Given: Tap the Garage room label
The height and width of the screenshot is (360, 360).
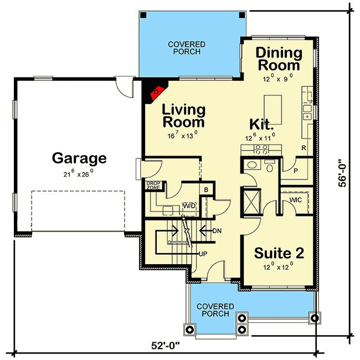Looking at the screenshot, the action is tap(79, 158).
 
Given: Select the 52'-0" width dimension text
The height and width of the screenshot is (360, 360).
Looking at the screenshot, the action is tap(165, 345).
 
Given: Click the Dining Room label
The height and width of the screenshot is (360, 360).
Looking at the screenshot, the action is tap(279, 59).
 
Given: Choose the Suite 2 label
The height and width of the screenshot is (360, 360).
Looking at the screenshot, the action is tap(279, 253).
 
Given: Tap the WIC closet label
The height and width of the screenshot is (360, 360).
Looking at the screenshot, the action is tap(296, 200).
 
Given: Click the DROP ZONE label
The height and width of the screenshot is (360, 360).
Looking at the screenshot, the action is tap(153, 186).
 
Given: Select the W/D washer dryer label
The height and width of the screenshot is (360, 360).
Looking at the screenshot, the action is tap(189, 205).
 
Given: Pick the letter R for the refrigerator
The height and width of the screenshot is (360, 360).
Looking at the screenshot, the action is tap(304, 148).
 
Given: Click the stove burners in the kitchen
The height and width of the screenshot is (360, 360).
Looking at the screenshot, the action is tap(261, 149).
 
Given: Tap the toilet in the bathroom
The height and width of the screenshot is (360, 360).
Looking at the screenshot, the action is tap(270, 166).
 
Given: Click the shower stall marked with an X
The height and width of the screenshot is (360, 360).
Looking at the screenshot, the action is tap(251, 202).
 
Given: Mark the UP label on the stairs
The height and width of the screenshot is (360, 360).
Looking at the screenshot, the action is tap(203, 254).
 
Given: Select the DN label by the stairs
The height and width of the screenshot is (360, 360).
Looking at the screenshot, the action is tap(217, 231).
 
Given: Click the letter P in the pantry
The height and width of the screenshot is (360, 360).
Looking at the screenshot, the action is tap(296, 171).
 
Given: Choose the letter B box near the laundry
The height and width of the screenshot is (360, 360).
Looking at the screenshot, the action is tap(206, 189).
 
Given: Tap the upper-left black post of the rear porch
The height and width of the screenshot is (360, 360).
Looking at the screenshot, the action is tap(143, 15).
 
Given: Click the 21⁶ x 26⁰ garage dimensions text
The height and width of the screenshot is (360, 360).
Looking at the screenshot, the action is tap(78, 173).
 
